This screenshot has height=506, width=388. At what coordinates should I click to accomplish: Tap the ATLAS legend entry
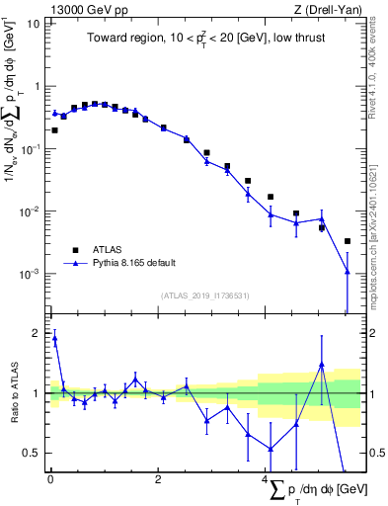pyautogui.click(x=108, y=250)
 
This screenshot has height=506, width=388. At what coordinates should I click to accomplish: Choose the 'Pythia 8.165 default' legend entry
pyautogui.click(x=137, y=264)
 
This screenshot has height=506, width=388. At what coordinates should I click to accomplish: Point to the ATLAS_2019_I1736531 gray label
pyautogui.click(x=205, y=295)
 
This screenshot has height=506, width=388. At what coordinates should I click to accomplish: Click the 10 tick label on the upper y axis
pyautogui.click(x=33, y=23)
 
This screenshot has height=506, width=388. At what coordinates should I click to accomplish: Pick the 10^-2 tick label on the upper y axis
pyautogui.click(x=30, y=211)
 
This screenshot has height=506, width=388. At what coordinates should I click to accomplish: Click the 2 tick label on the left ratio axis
pyautogui.click(x=36, y=333)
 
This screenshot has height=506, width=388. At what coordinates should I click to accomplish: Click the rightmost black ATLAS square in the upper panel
pyautogui.click(x=348, y=241)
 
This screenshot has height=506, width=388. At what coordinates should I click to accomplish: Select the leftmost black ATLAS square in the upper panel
pyautogui.click(x=54, y=129)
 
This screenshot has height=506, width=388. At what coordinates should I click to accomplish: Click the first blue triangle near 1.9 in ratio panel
pyautogui.click(x=54, y=338)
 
